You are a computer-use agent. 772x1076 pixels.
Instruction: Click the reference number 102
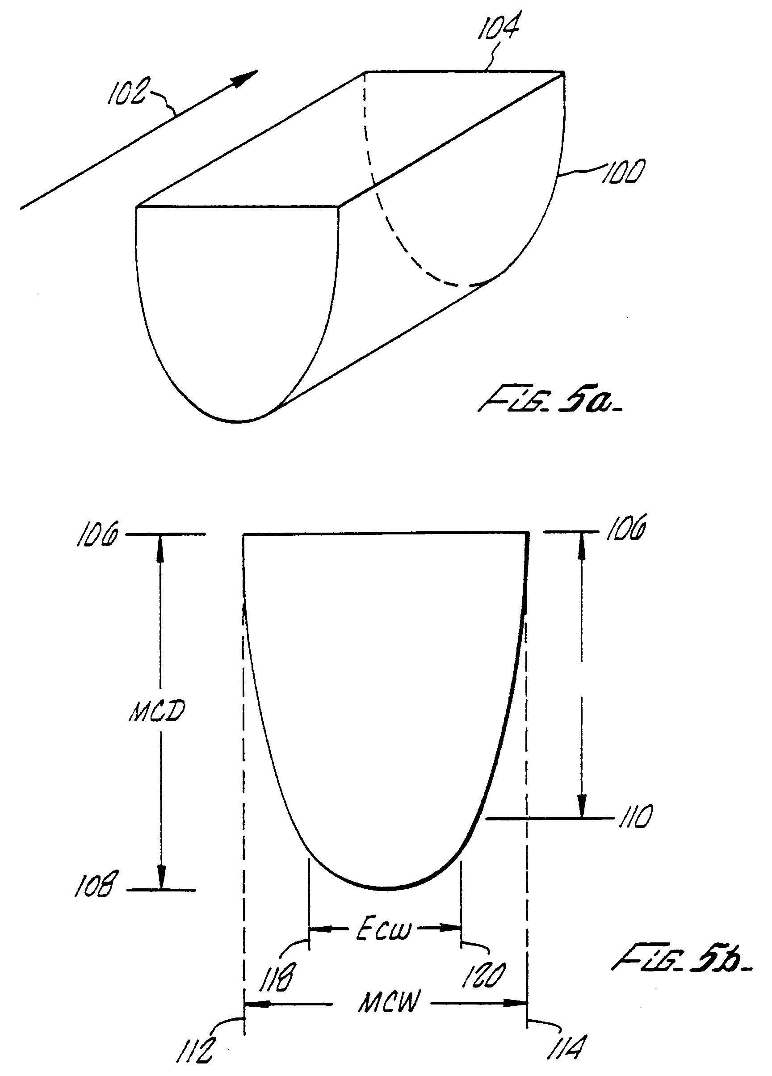tap(126, 91)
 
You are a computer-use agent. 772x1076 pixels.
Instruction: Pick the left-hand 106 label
tap(97, 535)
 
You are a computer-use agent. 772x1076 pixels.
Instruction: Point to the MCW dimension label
tap(389, 1002)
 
